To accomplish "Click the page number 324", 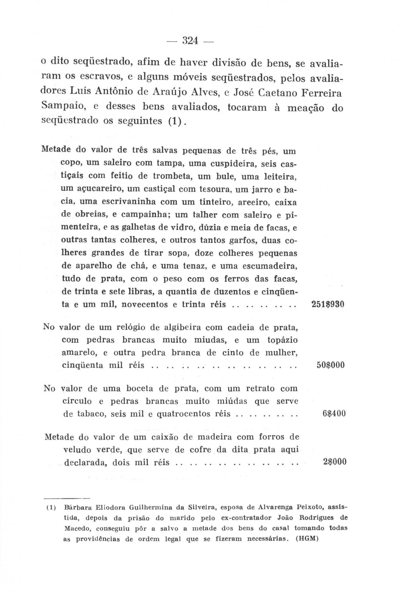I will [x=190, y=41].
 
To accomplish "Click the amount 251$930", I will [x=328, y=305].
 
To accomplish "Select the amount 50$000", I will [x=331, y=365].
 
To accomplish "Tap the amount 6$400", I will [x=334, y=413].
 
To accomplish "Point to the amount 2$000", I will [x=334, y=462].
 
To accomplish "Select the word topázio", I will [x=282, y=340].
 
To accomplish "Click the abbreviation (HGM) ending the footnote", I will [x=307, y=539].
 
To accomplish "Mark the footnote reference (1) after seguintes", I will [x=176, y=121].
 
